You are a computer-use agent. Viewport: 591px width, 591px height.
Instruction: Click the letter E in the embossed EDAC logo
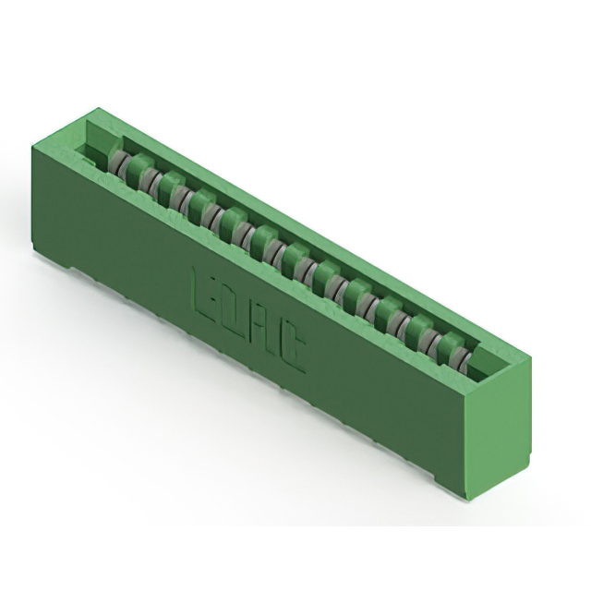204,293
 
